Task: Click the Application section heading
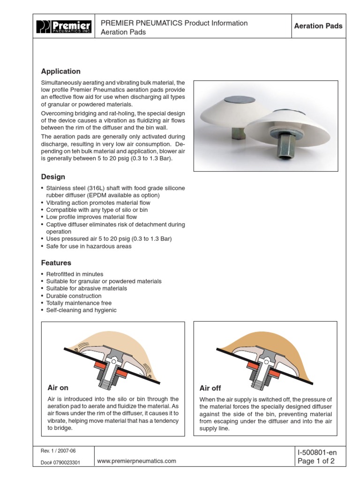click(x=60, y=71)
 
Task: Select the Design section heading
click(x=53, y=177)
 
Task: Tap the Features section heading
click(x=56, y=263)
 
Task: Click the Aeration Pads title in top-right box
click(x=318, y=26)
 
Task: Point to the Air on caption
click(x=58, y=388)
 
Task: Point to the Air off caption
click(x=210, y=388)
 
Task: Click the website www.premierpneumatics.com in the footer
click(x=136, y=461)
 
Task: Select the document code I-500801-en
click(x=317, y=452)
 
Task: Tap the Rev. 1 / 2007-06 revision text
click(x=58, y=451)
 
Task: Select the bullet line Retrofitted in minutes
click(x=75, y=274)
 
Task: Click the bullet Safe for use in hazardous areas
click(x=89, y=246)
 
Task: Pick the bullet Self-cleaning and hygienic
click(x=82, y=310)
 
